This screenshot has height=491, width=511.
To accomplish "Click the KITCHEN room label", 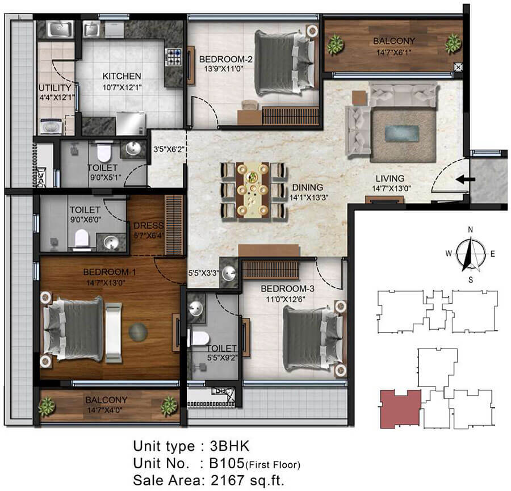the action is [x=122, y=76].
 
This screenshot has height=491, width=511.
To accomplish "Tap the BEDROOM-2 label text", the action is [x=226, y=59].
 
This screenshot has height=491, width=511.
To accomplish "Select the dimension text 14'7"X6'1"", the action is [x=393, y=52].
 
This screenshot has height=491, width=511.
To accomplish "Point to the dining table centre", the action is [x=253, y=190].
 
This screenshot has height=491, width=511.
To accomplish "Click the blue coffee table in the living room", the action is [x=402, y=133].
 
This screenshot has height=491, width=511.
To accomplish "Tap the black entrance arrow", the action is [x=466, y=179].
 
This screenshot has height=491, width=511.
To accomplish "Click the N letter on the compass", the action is [x=470, y=230].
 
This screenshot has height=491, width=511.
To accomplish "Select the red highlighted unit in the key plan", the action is [x=400, y=409].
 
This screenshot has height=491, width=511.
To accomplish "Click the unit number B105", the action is [x=227, y=463].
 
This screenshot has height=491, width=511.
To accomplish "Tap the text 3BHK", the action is [x=230, y=446].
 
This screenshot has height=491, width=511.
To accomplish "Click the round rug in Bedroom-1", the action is [x=138, y=332].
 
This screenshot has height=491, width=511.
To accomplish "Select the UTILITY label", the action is [x=55, y=87].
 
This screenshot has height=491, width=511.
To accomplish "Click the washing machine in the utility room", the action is [x=51, y=127].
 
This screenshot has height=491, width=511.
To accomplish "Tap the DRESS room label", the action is [x=149, y=225].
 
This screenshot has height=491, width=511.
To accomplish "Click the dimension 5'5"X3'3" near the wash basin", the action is [x=203, y=273].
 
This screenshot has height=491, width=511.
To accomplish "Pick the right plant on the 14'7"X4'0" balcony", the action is [x=169, y=406].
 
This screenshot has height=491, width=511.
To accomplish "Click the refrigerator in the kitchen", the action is [x=131, y=123].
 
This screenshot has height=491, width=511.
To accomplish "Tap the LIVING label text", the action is [x=390, y=179].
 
